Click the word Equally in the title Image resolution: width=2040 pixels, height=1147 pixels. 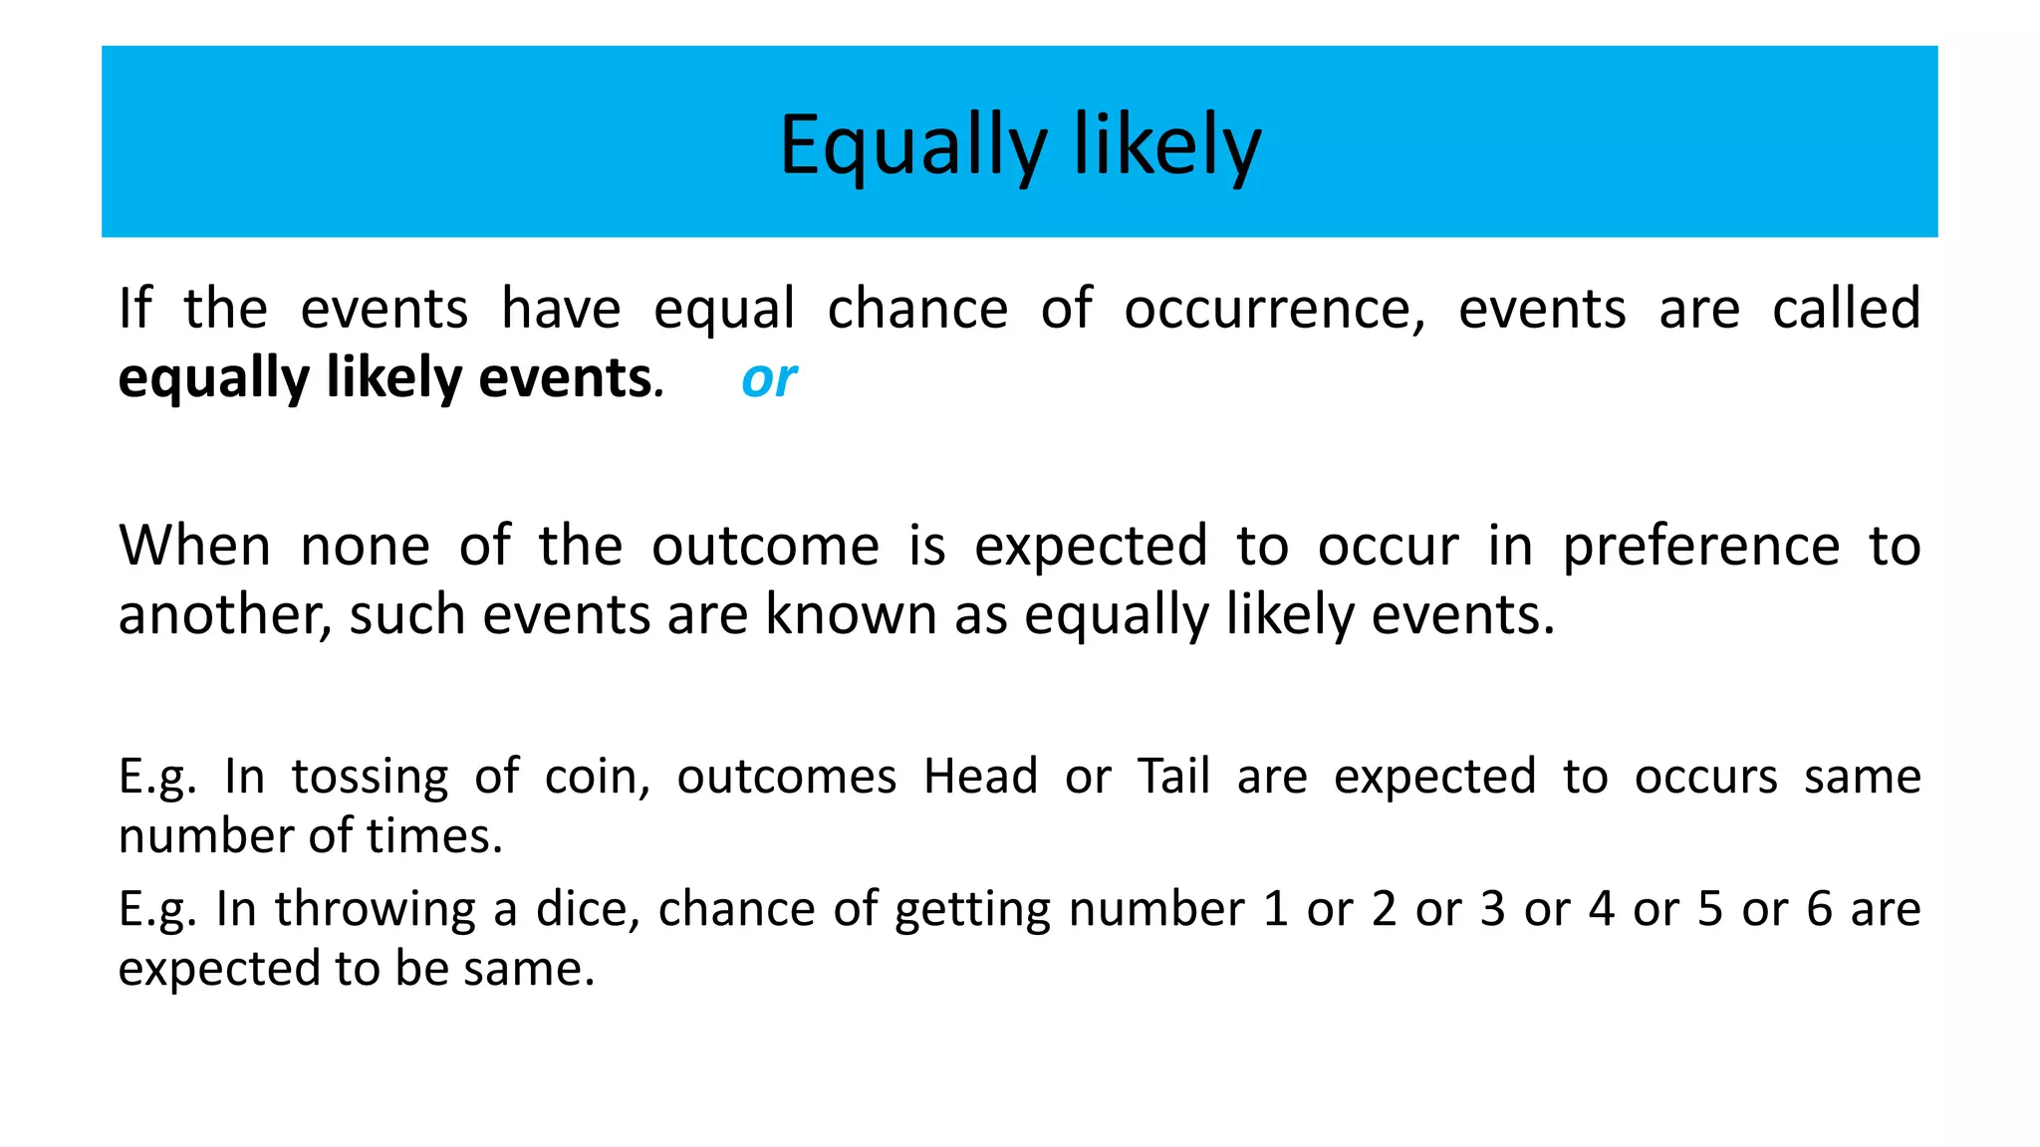click(911, 146)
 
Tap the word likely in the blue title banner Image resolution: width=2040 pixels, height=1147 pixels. click(1166, 146)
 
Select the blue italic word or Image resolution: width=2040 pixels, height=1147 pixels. click(768, 379)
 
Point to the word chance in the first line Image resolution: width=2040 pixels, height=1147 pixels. click(917, 309)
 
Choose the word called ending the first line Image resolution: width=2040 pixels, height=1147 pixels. click(1846, 309)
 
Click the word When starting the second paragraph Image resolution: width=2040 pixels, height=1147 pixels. click(194, 546)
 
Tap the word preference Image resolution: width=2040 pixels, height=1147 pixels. click(1700, 548)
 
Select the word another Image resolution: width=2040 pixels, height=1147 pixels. click(223, 615)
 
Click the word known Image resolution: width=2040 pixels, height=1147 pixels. click(851, 615)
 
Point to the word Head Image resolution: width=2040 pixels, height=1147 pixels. click(980, 777)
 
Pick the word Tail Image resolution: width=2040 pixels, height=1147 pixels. click(1173, 777)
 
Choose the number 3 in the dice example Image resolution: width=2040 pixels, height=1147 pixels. click(1492, 909)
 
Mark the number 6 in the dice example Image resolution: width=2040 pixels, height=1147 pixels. click(1819, 909)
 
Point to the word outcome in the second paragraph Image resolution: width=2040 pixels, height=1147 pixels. click(765, 546)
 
